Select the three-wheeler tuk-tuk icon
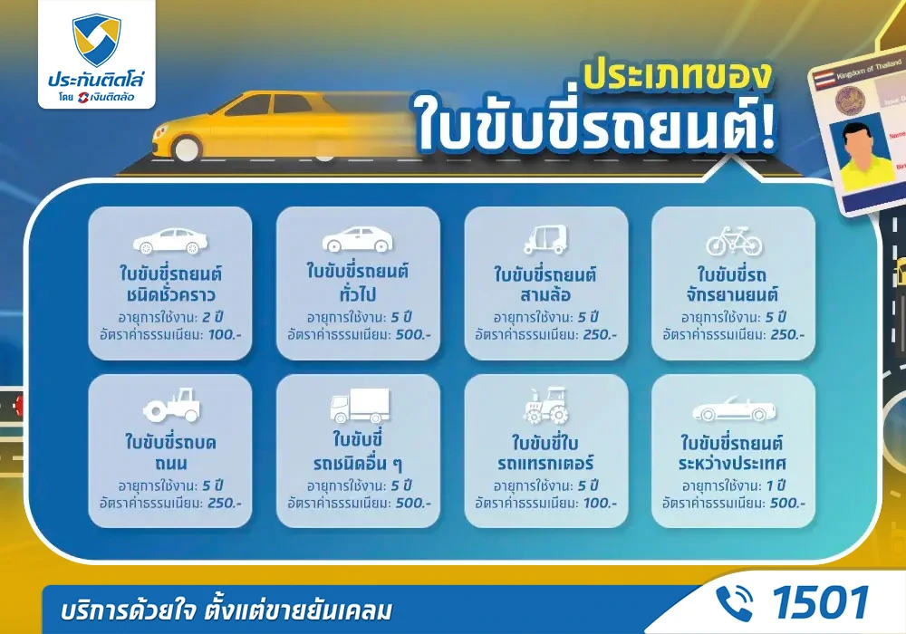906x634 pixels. pos(545,239)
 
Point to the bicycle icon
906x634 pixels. pos(734,240)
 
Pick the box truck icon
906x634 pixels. pos(358,408)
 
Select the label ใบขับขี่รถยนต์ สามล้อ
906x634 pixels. pos(545,283)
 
